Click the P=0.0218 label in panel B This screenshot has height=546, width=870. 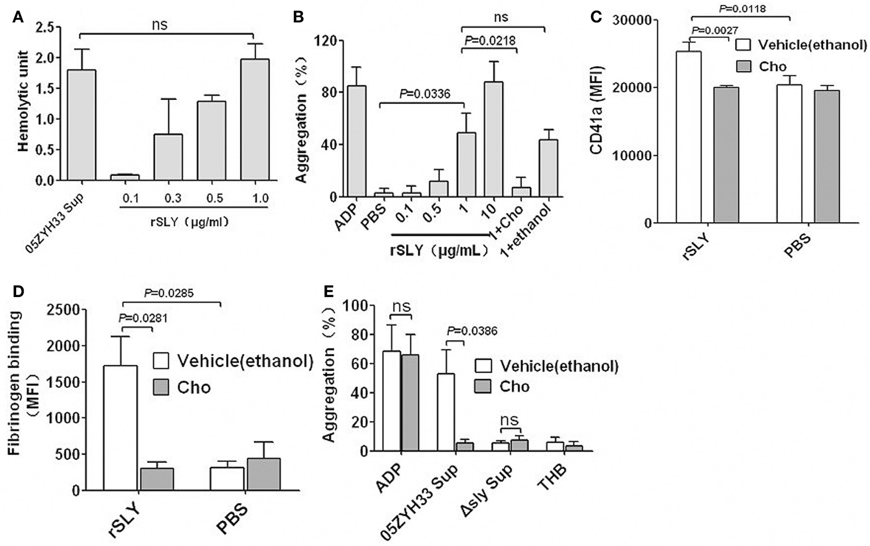(x=490, y=41)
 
